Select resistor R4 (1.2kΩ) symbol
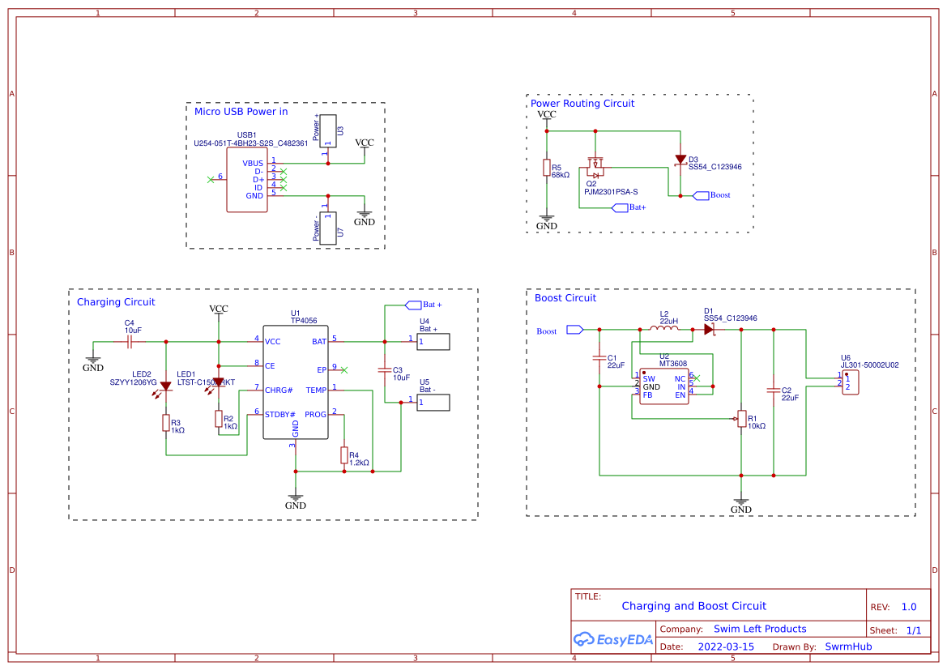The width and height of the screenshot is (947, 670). (344, 455)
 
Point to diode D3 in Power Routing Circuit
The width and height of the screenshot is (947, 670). (680, 161)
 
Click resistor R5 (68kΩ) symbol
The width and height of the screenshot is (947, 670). (547, 168)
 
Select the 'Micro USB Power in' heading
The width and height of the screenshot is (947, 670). (241, 112)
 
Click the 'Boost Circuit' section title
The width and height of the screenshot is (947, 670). (565, 298)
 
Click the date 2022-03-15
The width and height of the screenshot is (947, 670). (726, 647)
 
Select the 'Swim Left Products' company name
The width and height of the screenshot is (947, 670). (760, 629)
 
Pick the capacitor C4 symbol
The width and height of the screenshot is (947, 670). (129, 342)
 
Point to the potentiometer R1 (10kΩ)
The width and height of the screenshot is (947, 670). (741, 418)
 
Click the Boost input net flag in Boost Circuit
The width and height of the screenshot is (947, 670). (574, 329)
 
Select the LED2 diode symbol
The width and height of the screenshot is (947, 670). (166, 386)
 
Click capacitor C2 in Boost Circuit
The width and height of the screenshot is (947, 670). (774, 390)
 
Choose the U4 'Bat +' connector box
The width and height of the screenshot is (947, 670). (433, 342)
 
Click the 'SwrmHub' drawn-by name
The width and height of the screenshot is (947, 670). (848, 647)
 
